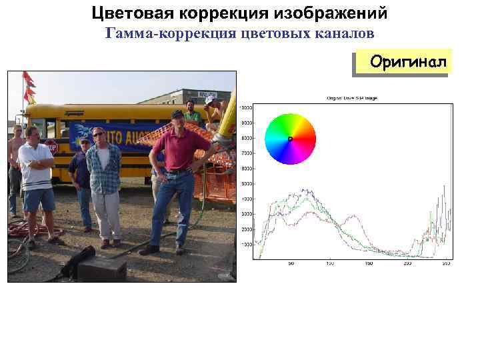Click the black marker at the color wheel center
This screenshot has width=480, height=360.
pyautogui.click(x=290, y=139)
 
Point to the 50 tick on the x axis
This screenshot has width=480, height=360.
pyautogui.click(x=291, y=264)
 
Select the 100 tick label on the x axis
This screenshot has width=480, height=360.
pyautogui.click(x=329, y=264)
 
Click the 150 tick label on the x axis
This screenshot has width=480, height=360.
pyautogui.click(x=368, y=264)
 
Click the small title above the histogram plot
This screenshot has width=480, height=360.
pyautogui.click(x=351, y=98)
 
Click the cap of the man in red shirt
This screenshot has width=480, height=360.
pyautogui.click(x=177, y=114)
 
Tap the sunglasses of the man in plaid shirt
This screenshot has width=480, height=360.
pyautogui.click(x=98, y=134)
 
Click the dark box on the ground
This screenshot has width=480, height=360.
pyautogui.click(x=101, y=268)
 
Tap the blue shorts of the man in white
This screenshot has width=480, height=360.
pyautogui.click(x=39, y=199)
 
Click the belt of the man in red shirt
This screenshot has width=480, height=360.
pyautogui.click(x=178, y=171)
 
